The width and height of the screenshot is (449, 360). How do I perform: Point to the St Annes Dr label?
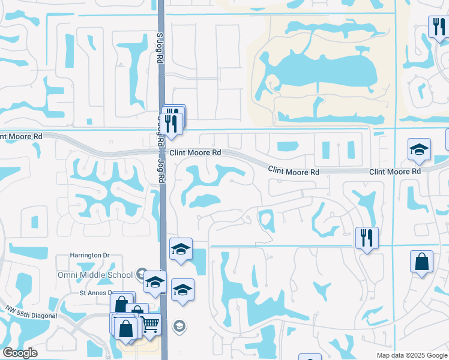96,293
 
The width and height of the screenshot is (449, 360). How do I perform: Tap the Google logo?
20,353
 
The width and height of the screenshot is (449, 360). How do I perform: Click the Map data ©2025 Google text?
411,355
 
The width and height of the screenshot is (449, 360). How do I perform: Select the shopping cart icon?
150,324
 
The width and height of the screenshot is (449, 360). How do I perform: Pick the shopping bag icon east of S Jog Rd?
421,262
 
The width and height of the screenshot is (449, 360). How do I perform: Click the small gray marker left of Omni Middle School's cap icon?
142,274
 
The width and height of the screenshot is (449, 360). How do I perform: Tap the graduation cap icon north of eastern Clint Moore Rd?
419,150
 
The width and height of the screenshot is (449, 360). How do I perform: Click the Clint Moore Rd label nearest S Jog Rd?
195,153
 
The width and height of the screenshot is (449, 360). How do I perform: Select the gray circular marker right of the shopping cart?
178,326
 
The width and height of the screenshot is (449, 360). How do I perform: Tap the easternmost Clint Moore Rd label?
394,172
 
